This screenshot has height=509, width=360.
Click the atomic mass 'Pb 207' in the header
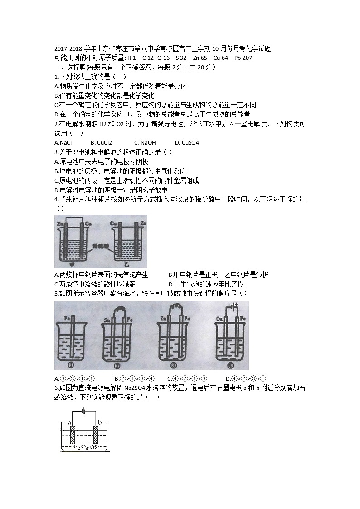tap(243, 58)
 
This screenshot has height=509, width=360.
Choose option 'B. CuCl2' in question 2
tap(101, 142)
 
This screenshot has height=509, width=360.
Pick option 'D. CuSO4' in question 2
tap(187, 142)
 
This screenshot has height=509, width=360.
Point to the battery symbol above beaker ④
tap(233, 305)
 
